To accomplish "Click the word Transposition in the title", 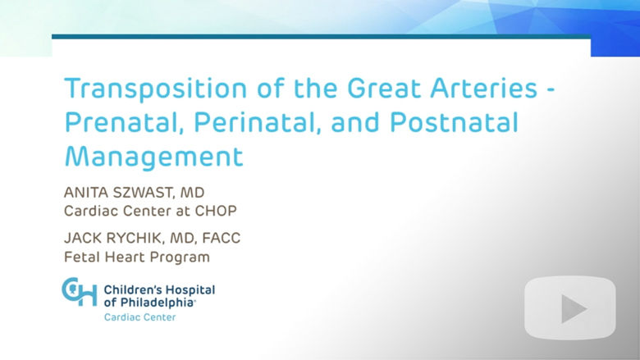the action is coord(156,89).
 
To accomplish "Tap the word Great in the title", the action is coord(384,88).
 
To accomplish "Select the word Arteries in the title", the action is coord(483,88).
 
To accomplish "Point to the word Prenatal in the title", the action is coord(122,122).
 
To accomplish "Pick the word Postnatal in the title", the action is coord(454,122).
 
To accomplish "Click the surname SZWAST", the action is coord(143,193).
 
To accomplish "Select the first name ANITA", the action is coord(85,192).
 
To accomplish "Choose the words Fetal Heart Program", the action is coord(137,257).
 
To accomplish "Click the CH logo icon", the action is coord(80,292).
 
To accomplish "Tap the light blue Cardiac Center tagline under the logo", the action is coord(140,317).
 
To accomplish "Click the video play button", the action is coord(569,308).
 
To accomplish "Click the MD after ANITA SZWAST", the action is coord(192,193).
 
